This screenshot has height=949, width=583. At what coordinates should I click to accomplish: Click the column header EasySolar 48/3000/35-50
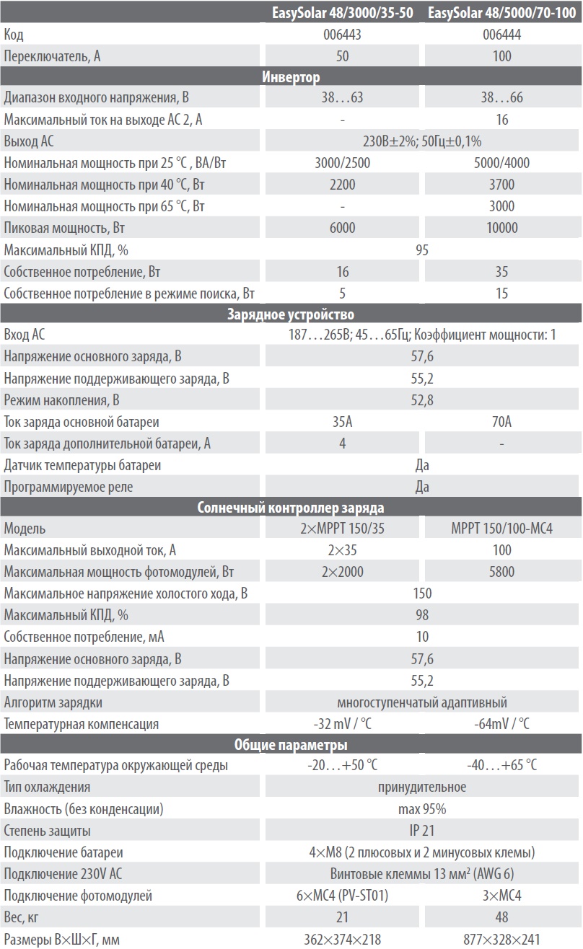click(x=343, y=12)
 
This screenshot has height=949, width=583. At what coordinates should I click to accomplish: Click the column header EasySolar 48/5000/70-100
click(x=503, y=12)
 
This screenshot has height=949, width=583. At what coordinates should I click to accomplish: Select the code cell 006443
click(x=343, y=34)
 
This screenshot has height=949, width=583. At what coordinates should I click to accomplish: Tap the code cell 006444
click(x=503, y=34)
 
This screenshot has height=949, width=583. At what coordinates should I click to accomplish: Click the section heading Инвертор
click(x=291, y=76)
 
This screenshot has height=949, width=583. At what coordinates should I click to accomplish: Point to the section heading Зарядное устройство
click(x=291, y=314)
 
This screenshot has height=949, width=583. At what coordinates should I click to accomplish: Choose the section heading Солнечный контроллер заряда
click(x=291, y=508)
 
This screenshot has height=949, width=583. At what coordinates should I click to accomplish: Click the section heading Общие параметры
click(x=291, y=745)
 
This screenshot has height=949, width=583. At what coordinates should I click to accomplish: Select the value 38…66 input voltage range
click(x=503, y=98)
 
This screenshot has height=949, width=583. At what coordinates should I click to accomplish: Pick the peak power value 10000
click(x=503, y=228)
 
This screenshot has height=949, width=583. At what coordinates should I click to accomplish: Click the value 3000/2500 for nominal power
click(x=343, y=163)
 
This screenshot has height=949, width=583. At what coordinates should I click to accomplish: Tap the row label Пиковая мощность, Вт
click(x=57, y=228)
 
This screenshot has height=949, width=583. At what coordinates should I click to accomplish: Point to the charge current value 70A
click(x=503, y=422)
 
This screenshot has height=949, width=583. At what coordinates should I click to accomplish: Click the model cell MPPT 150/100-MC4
click(x=503, y=529)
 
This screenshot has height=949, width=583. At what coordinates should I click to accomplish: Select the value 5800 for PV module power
click(x=503, y=572)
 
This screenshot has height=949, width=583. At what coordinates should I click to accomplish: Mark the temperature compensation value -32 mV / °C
click(x=343, y=723)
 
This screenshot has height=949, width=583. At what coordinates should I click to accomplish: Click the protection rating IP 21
click(x=422, y=831)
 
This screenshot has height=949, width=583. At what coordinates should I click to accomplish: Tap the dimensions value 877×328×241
click(x=503, y=939)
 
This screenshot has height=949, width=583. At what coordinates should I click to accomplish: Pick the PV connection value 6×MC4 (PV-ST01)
click(x=343, y=896)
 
